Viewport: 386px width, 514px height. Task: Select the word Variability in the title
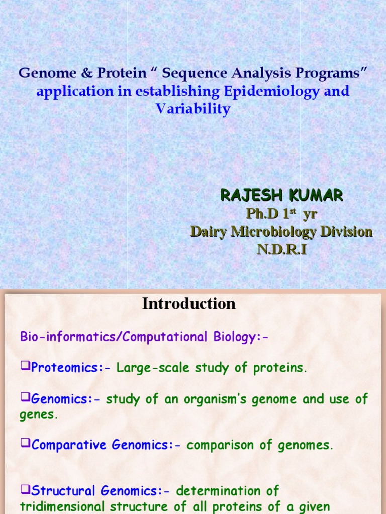193,109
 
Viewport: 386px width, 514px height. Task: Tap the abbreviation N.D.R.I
281,249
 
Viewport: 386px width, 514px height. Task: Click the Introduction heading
188,304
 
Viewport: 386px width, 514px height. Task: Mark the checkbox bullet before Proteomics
25,367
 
